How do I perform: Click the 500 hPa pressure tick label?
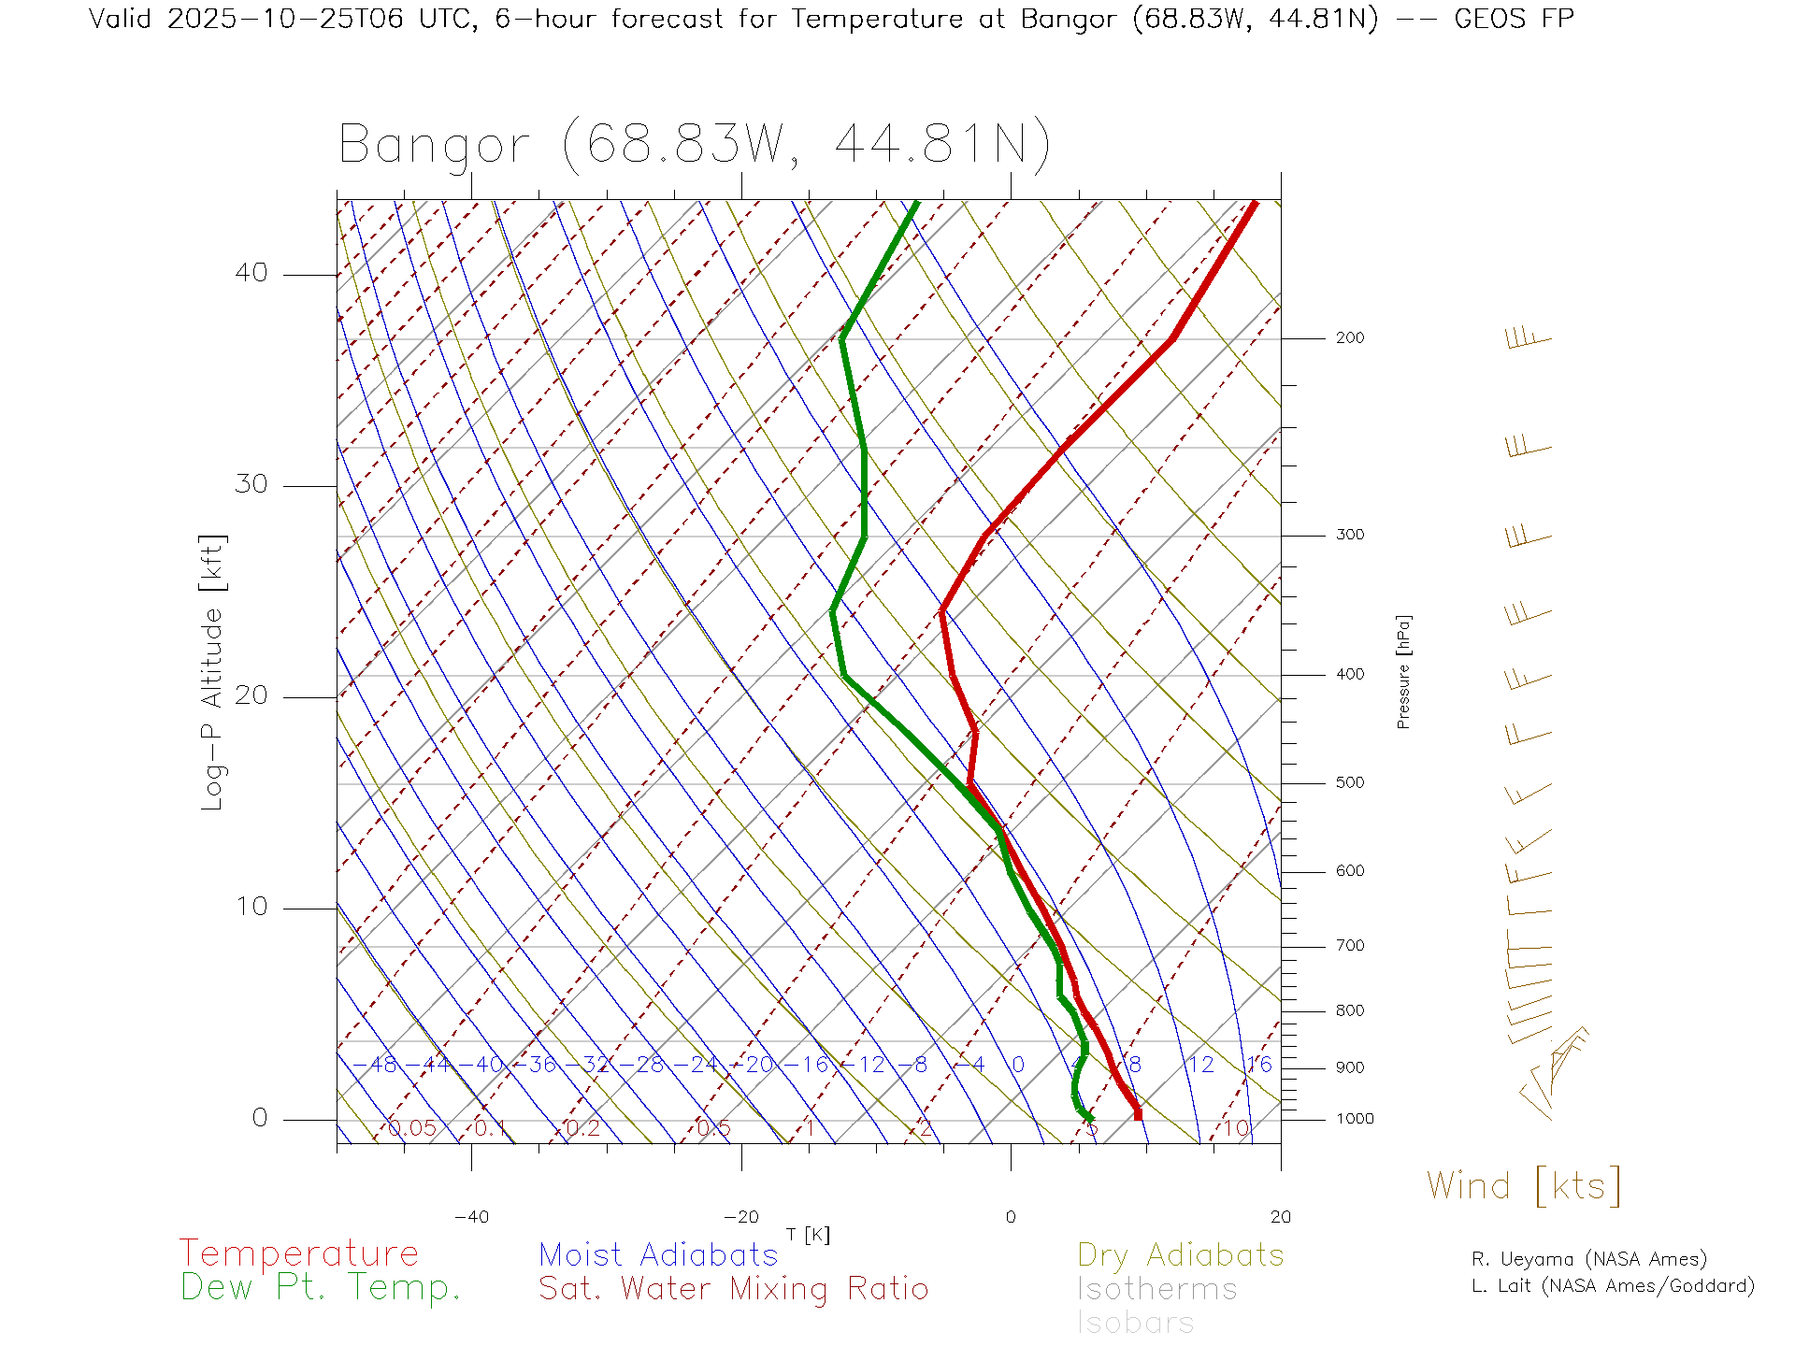[1349, 783]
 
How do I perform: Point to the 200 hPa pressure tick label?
[1349, 338]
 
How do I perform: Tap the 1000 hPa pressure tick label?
[1355, 1119]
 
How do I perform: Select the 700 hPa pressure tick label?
[1349, 946]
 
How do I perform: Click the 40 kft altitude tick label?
[251, 273]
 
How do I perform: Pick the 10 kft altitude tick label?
[251, 907]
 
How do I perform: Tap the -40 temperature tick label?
[471, 1217]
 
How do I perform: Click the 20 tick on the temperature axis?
[1280, 1217]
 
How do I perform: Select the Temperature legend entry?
[298, 1253]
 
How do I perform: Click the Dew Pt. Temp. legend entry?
[321, 1288]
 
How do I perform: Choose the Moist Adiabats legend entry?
[658, 1255]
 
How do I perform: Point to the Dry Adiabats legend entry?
[1180, 1255]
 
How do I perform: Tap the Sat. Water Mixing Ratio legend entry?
[733, 1289]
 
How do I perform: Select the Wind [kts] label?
[1523, 1186]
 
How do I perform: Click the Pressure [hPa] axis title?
[1403, 671]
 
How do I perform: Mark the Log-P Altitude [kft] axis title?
[213, 672]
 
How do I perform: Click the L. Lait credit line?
[1613, 1286]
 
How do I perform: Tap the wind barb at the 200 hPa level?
[1528, 338]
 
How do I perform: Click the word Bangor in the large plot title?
[434, 146]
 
